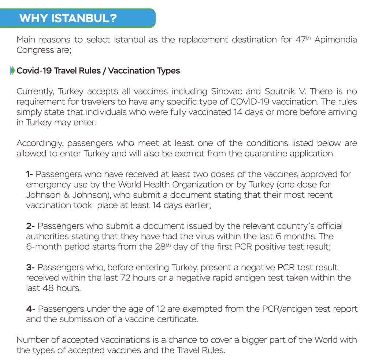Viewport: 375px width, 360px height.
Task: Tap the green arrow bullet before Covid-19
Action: (13, 71)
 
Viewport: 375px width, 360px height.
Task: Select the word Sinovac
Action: (229, 91)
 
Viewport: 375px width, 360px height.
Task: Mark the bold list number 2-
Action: (30, 226)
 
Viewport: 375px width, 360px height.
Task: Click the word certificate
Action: (177, 319)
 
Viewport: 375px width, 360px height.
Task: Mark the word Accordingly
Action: (40, 143)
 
